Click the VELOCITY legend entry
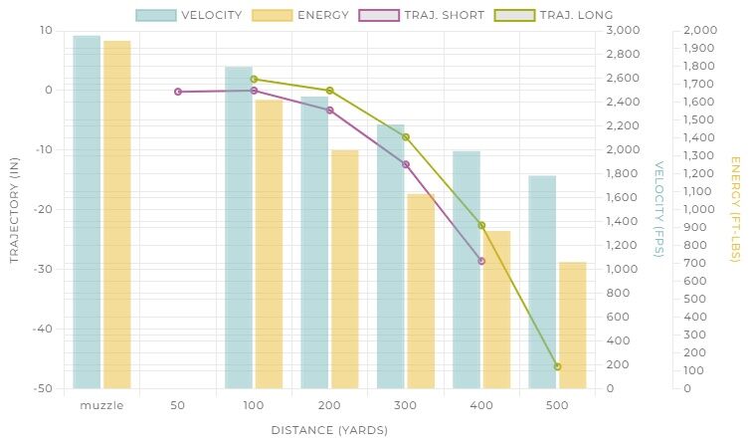(190, 16)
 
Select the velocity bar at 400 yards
(467, 270)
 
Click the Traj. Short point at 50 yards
(178, 92)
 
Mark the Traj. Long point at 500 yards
(557, 366)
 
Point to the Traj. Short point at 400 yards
(481, 261)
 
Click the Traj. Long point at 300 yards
(406, 137)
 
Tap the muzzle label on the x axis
(101, 405)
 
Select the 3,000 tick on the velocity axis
(626, 31)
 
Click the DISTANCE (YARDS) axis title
(329, 430)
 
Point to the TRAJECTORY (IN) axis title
(15, 209)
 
